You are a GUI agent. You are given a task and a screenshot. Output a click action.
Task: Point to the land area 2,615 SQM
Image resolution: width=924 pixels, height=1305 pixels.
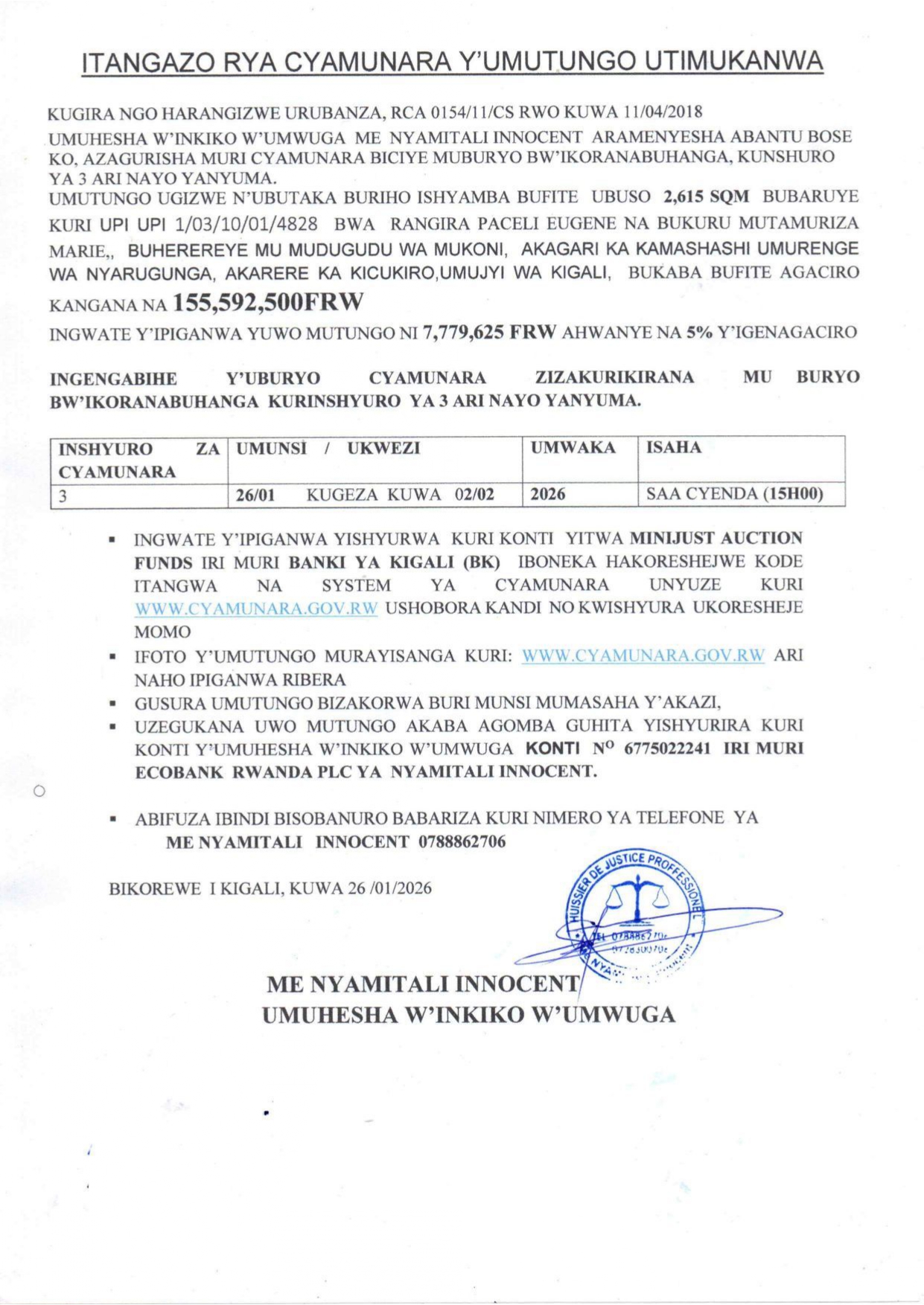pos(706,196)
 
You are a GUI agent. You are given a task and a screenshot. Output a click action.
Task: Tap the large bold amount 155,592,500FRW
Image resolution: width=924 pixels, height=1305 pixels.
pos(268,302)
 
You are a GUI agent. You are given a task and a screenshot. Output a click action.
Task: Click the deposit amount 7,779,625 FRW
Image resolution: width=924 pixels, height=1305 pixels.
pos(489,332)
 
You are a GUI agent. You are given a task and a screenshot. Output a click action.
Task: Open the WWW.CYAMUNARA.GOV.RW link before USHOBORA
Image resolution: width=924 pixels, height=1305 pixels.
pos(256,608)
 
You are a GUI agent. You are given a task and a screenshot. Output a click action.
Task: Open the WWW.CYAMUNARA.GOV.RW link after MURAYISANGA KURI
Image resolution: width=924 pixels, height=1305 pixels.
pos(643,655)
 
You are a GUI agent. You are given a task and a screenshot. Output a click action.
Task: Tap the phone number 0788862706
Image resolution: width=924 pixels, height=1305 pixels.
pos(462,841)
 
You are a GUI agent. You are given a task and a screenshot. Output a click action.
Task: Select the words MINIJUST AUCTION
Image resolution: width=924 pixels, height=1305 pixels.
pos(716,537)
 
